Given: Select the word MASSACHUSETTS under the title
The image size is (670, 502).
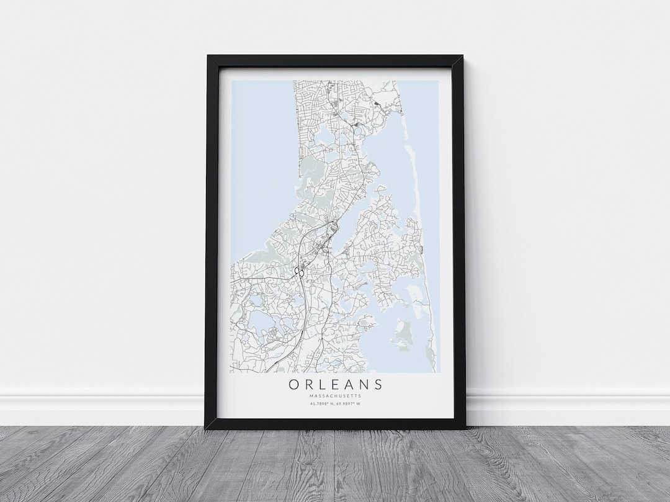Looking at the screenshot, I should tap(335, 396).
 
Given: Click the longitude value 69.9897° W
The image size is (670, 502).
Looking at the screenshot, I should tap(349, 404).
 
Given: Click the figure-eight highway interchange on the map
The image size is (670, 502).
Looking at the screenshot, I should tap(299, 272).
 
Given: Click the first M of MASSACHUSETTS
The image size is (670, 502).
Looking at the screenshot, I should tap(310, 396).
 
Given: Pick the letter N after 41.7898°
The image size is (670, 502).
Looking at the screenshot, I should tap(333, 404).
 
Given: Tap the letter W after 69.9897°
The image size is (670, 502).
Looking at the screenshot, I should tap(360, 404).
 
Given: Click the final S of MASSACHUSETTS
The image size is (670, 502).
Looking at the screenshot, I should tap(360, 396).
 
